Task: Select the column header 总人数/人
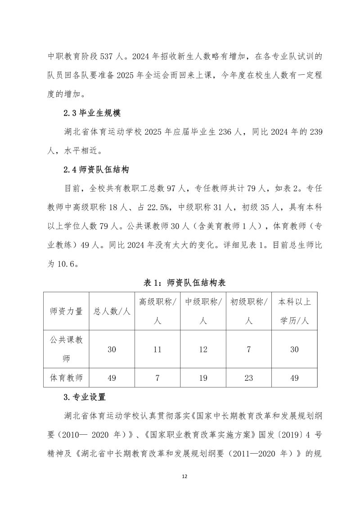point(112,311)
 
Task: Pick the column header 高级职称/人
point(157,311)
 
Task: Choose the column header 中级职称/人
point(203,311)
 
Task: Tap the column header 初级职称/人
point(249,311)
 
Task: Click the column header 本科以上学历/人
point(295,311)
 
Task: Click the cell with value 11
point(157,349)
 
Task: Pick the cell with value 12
point(203,349)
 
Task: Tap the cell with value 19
point(203,378)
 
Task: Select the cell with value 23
point(249,378)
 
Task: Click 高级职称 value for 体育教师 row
point(157,378)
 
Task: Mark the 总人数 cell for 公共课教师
point(112,349)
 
